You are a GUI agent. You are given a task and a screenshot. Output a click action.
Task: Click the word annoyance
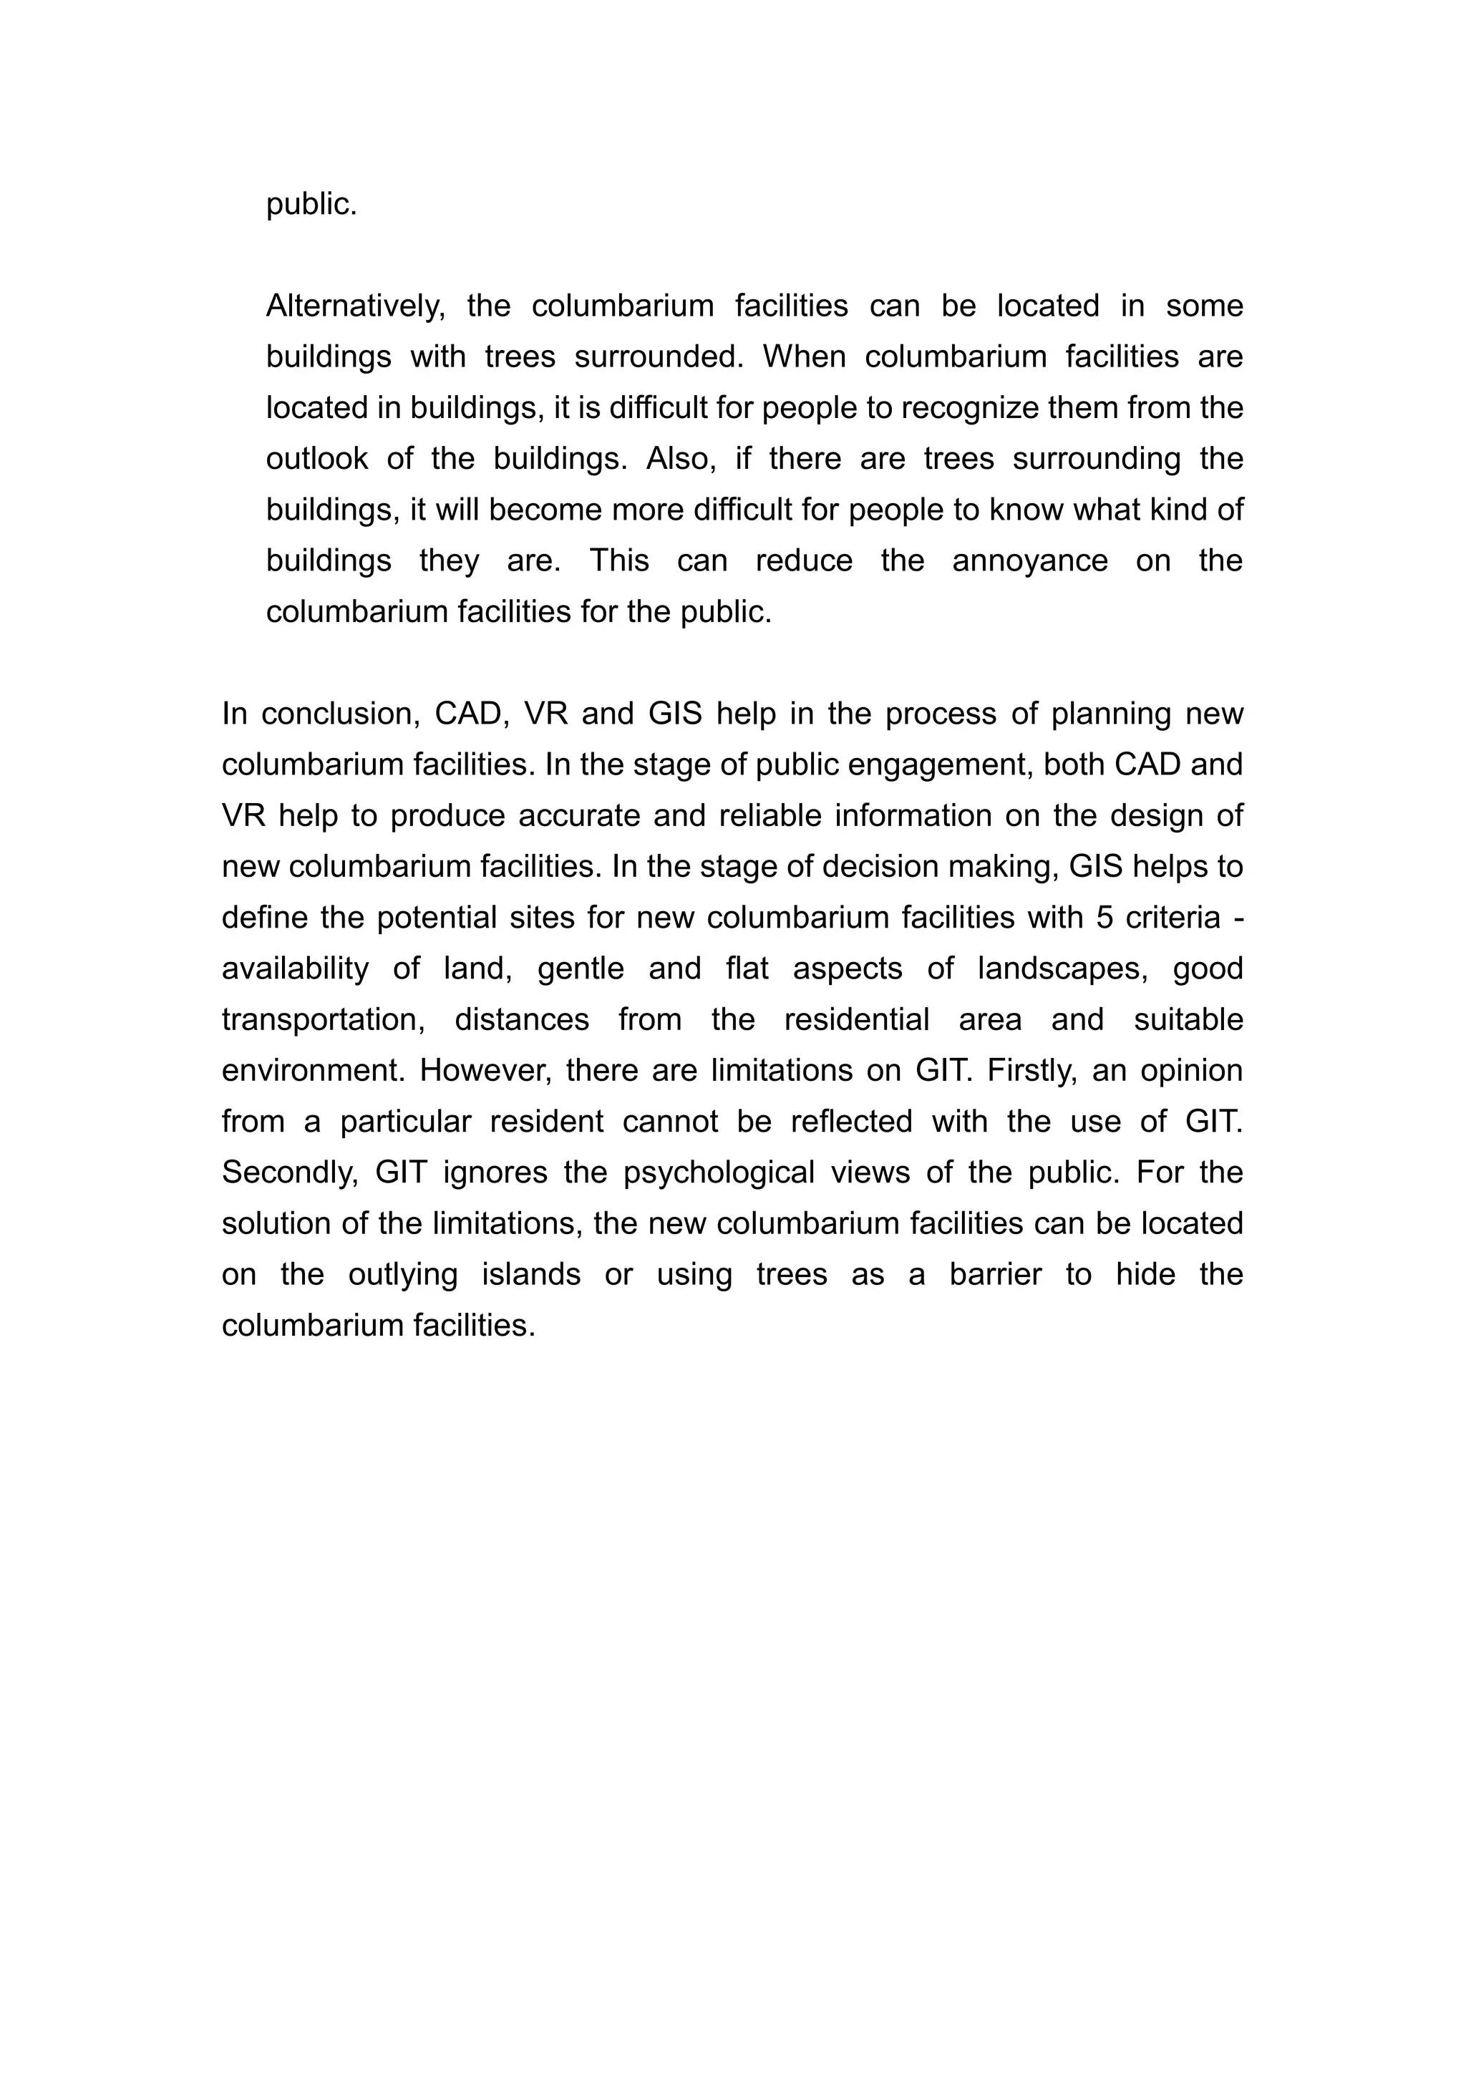tap(1030, 562)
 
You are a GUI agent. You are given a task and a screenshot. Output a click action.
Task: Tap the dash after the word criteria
tap(1238, 918)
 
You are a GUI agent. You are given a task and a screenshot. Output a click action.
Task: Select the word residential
tap(857, 1020)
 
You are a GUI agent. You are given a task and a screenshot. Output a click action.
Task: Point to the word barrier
tap(996, 1276)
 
